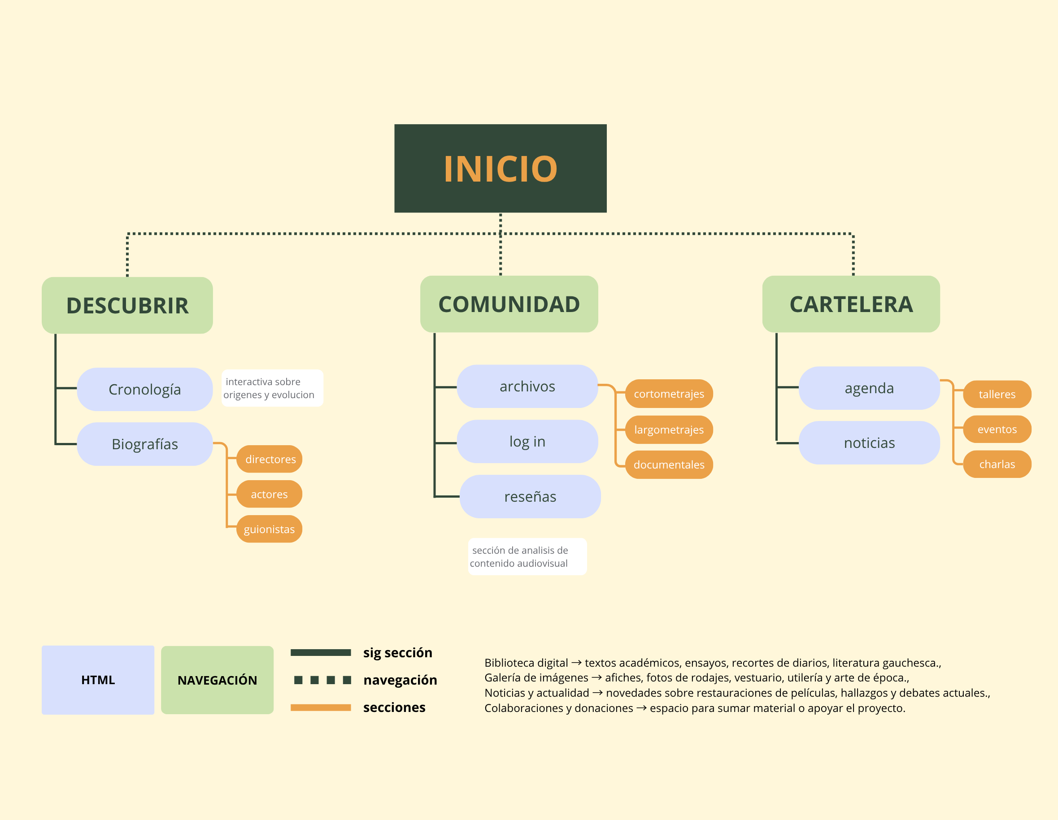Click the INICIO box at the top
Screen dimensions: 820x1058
tap(500, 168)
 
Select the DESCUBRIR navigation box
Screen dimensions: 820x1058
tap(127, 305)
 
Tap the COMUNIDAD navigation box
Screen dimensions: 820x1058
tap(509, 304)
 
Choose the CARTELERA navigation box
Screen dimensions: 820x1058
tap(851, 304)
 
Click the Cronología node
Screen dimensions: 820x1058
tap(144, 389)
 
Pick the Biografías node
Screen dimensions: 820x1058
tap(144, 444)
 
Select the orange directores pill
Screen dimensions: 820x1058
tap(270, 459)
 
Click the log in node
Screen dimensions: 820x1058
tap(527, 441)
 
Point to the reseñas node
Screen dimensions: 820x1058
tap(530, 496)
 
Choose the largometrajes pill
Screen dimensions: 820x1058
tap(669, 429)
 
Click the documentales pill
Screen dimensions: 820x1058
tap(669, 464)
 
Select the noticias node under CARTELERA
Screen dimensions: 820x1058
tap(869, 442)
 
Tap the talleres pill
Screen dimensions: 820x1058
tap(997, 394)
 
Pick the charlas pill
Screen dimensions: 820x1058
tap(997, 464)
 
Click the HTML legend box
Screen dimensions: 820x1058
tap(98, 680)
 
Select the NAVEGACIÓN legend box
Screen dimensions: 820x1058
tap(217, 680)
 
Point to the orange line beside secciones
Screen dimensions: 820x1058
tap(320, 707)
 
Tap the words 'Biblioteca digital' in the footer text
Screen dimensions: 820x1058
tap(526, 663)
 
